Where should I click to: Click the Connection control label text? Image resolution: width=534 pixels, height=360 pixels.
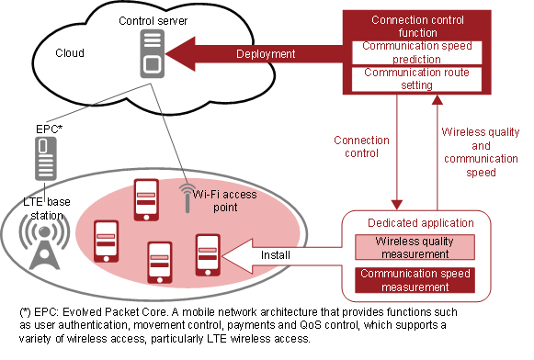(361, 147)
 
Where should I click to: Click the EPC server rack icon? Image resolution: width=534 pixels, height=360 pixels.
(42, 160)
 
